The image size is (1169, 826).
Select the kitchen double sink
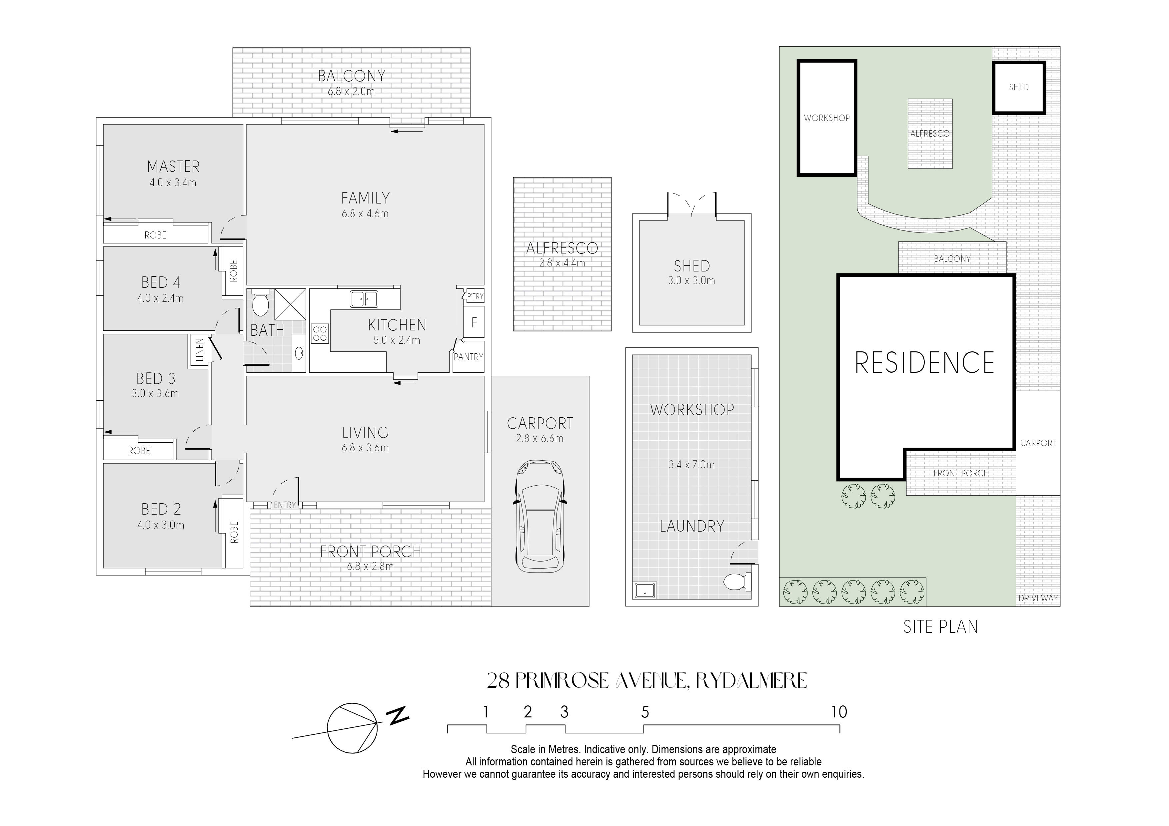coord(364,299)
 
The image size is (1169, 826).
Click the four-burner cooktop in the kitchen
coord(320,334)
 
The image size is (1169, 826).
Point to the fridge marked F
coord(474,322)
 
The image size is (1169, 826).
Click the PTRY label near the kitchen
coord(476,296)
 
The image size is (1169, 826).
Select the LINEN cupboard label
coord(200,350)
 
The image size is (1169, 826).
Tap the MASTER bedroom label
coord(173,167)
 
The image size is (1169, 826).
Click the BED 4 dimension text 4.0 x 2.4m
coord(160,298)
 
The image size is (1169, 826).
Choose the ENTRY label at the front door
coord(285,505)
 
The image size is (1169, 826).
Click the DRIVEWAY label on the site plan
coord(1038,599)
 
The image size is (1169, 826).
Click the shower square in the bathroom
coord(290,304)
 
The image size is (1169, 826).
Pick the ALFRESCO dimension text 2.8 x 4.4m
coord(562,263)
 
